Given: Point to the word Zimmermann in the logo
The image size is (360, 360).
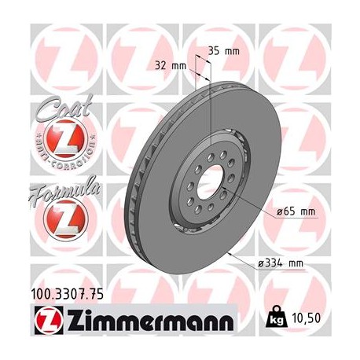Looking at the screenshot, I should pyautogui.click(x=146, y=323).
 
